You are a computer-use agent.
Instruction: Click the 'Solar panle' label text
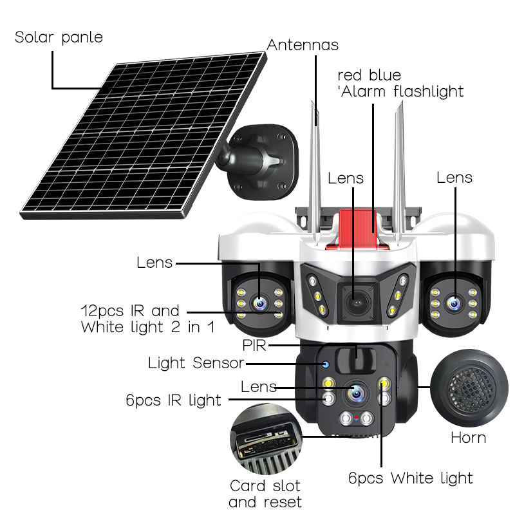[59, 37]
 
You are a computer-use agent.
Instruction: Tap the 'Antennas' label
[303, 44]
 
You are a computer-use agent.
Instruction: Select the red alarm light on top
[357, 230]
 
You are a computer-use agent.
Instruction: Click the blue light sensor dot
[326, 364]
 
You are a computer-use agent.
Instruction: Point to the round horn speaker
[469, 388]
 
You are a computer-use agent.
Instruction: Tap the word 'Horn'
[469, 438]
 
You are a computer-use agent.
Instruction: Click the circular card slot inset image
[266, 439]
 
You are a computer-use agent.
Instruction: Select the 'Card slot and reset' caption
[265, 494]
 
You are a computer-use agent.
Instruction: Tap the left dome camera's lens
[260, 303]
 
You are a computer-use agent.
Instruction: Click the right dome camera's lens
[454, 303]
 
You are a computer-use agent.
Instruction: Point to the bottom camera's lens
[357, 392]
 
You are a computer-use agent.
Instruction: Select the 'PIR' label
[254, 345]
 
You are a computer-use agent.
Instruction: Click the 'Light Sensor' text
[196, 363]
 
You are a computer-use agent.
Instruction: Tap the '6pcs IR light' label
[174, 400]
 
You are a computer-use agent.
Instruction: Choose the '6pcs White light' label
[411, 478]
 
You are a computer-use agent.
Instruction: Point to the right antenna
[399, 174]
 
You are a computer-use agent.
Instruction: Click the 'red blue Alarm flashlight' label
[400, 84]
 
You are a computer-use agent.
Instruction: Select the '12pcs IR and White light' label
[148, 319]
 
